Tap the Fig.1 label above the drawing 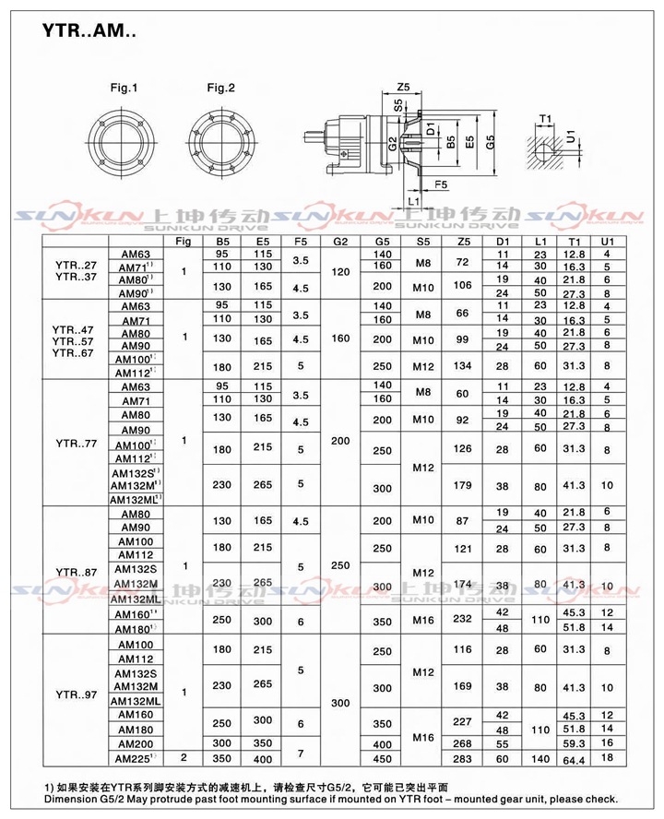124,89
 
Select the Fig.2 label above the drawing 220,89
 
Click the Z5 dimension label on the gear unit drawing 403,87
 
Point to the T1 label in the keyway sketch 546,119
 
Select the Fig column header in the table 184,241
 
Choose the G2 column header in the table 340,241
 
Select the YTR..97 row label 71,694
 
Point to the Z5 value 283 463,759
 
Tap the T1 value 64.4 575,759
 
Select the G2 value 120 340,273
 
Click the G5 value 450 382,759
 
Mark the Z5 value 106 463,285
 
